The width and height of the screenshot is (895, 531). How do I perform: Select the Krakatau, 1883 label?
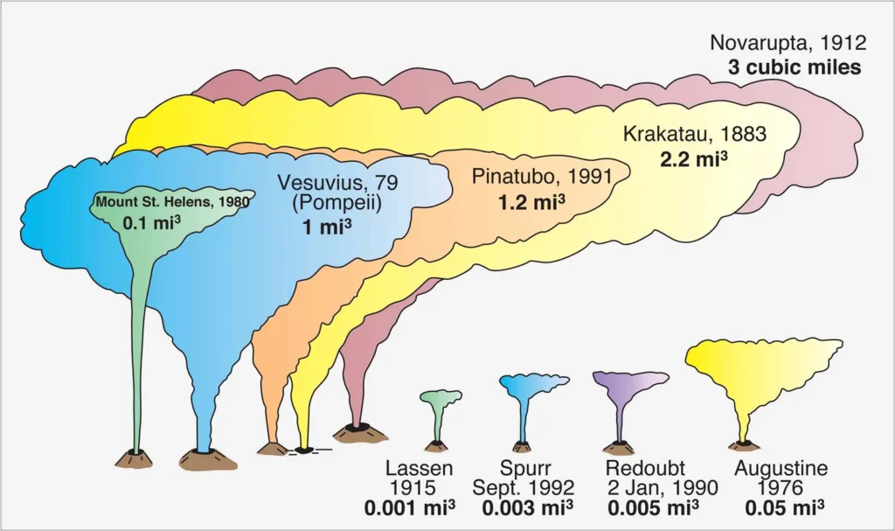click(x=694, y=135)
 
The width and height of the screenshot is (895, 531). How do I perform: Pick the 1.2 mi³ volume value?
click(x=531, y=202)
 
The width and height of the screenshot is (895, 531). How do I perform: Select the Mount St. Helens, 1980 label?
click(x=172, y=202)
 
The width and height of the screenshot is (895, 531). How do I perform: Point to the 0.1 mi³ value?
click(x=152, y=222)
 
